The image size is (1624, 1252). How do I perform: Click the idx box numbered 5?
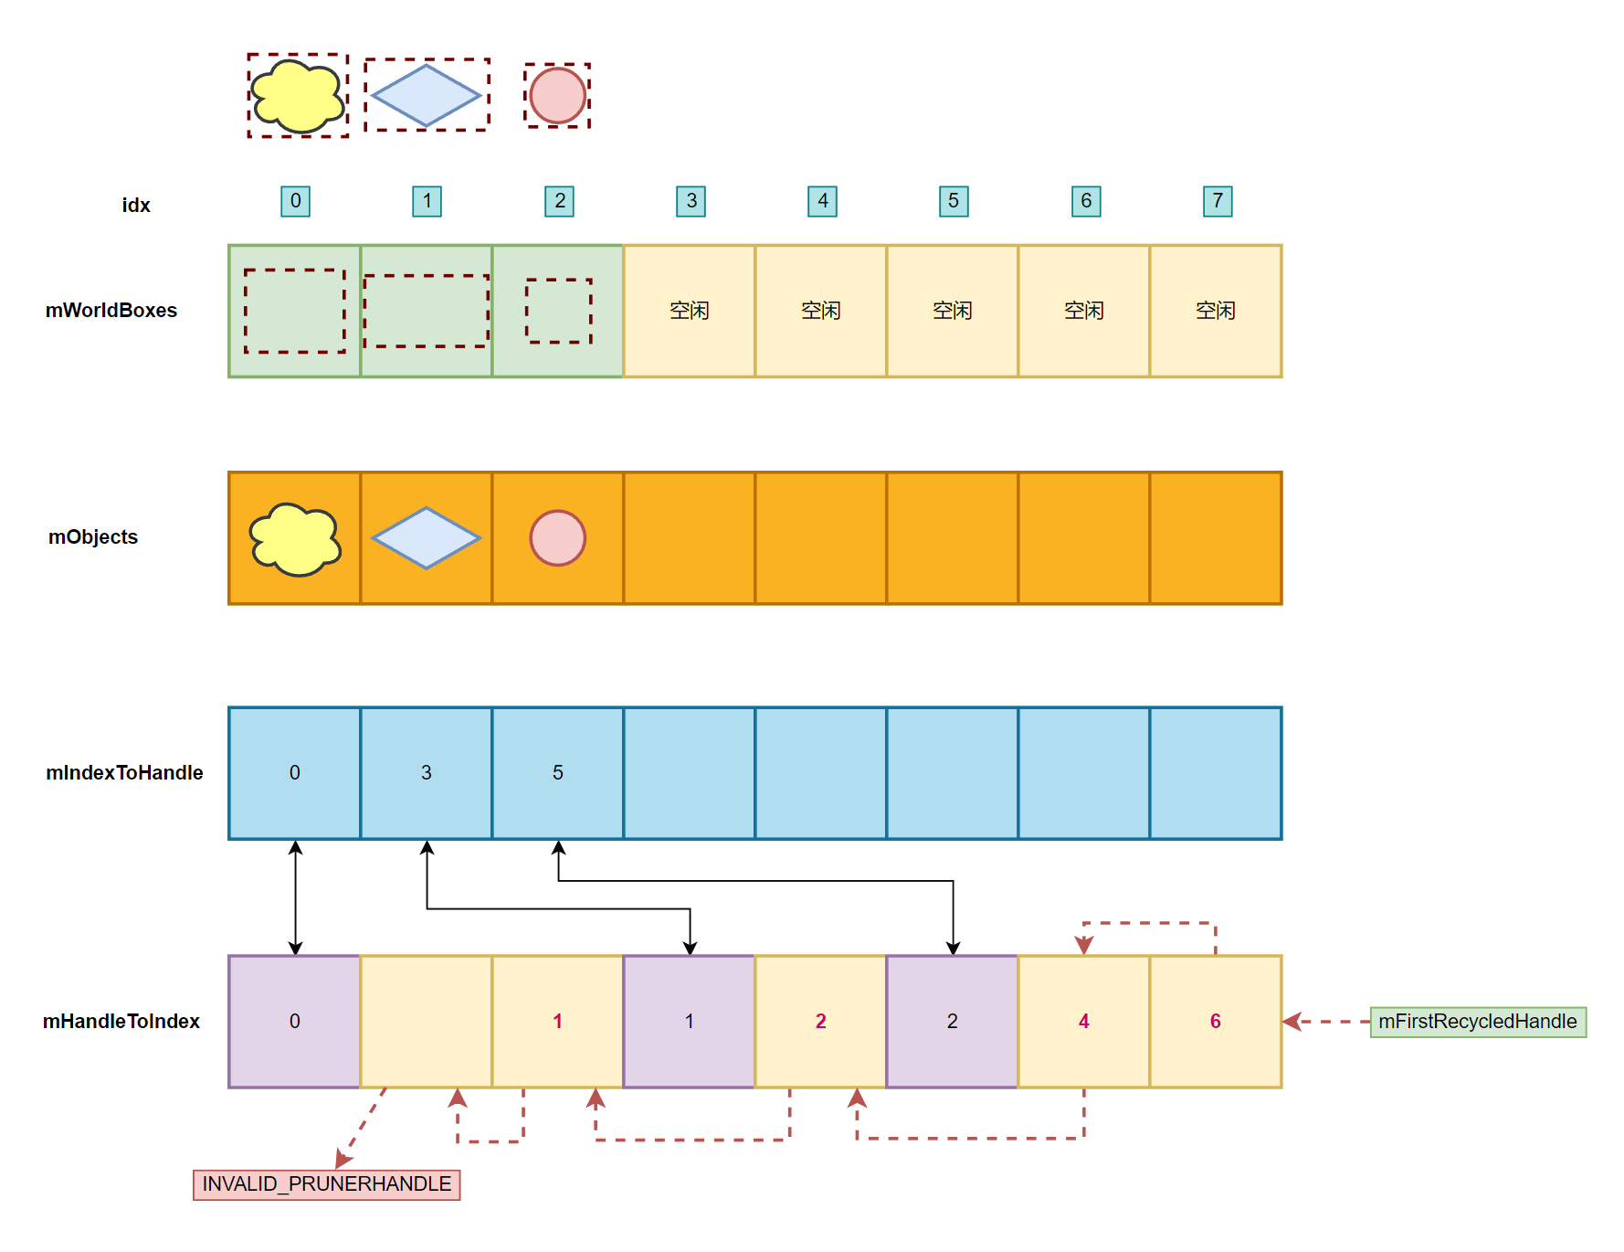point(954,201)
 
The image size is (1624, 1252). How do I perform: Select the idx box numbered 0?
point(295,201)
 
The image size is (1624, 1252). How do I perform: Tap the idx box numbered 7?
point(1218,201)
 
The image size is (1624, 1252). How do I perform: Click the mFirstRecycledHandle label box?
point(1478,1022)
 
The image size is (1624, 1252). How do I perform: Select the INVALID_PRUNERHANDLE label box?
point(326,1184)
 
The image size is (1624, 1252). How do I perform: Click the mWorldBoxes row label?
point(111,311)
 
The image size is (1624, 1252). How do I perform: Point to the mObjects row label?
point(93,537)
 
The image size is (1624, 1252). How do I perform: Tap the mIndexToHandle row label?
point(124,773)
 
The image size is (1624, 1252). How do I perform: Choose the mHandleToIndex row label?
point(121,1022)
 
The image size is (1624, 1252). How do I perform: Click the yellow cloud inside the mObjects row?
point(295,539)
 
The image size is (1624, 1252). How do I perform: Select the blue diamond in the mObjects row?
point(426,538)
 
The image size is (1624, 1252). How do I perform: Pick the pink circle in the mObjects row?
point(557,538)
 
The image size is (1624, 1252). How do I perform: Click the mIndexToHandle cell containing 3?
point(427,773)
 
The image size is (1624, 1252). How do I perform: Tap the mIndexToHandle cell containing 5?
point(558,773)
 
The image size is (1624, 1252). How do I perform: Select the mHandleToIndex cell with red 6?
point(1216,1022)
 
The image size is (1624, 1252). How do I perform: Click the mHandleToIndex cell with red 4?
point(1084,1022)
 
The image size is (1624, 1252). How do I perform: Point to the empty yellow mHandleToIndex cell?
point(427,1022)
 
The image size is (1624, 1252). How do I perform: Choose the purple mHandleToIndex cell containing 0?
point(295,1022)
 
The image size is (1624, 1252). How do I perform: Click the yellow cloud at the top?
point(298,96)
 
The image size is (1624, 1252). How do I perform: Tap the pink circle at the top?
point(557,96)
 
